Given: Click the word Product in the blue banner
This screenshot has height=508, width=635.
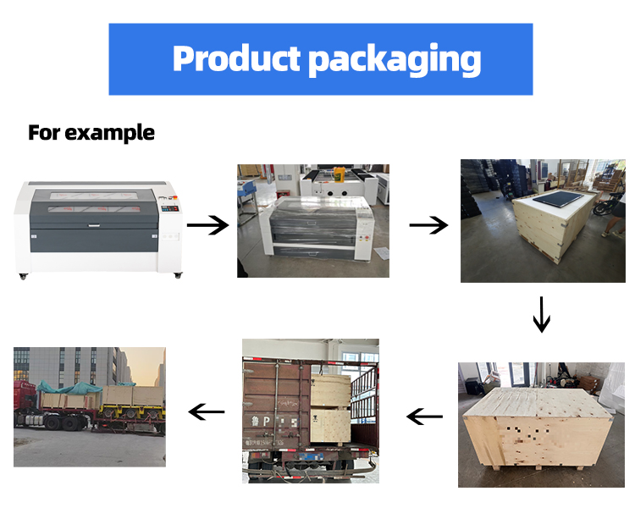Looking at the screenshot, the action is coord(236,58).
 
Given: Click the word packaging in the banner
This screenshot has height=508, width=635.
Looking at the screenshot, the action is coord(395,60).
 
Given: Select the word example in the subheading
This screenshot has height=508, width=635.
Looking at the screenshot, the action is coord(110,133).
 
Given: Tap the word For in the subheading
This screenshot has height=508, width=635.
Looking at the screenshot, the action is coord(44,132).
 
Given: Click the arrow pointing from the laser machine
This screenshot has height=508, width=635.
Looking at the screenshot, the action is coord(207,225).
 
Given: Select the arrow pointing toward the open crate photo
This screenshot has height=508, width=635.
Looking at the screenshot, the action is coord(428,225).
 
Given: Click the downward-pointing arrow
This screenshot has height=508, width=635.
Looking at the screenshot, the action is coord(542,315).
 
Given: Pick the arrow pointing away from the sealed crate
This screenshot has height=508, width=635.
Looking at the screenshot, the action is coord(424,416).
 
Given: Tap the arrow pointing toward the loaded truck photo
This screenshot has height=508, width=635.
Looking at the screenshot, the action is coord(207,412).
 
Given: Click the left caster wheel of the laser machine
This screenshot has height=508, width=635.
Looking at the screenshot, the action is coord(23,277).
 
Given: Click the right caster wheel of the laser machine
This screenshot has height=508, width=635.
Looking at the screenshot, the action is coord(178,275).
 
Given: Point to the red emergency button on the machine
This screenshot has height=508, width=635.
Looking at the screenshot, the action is coord(175,198).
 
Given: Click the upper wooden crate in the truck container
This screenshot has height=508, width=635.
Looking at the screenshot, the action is coord(330,390).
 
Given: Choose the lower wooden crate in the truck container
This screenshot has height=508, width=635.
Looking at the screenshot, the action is coord(330,426).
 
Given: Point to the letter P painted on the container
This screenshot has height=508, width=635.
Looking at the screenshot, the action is coord(266,422).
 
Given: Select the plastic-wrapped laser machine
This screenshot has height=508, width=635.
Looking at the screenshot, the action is coord(321,229).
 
